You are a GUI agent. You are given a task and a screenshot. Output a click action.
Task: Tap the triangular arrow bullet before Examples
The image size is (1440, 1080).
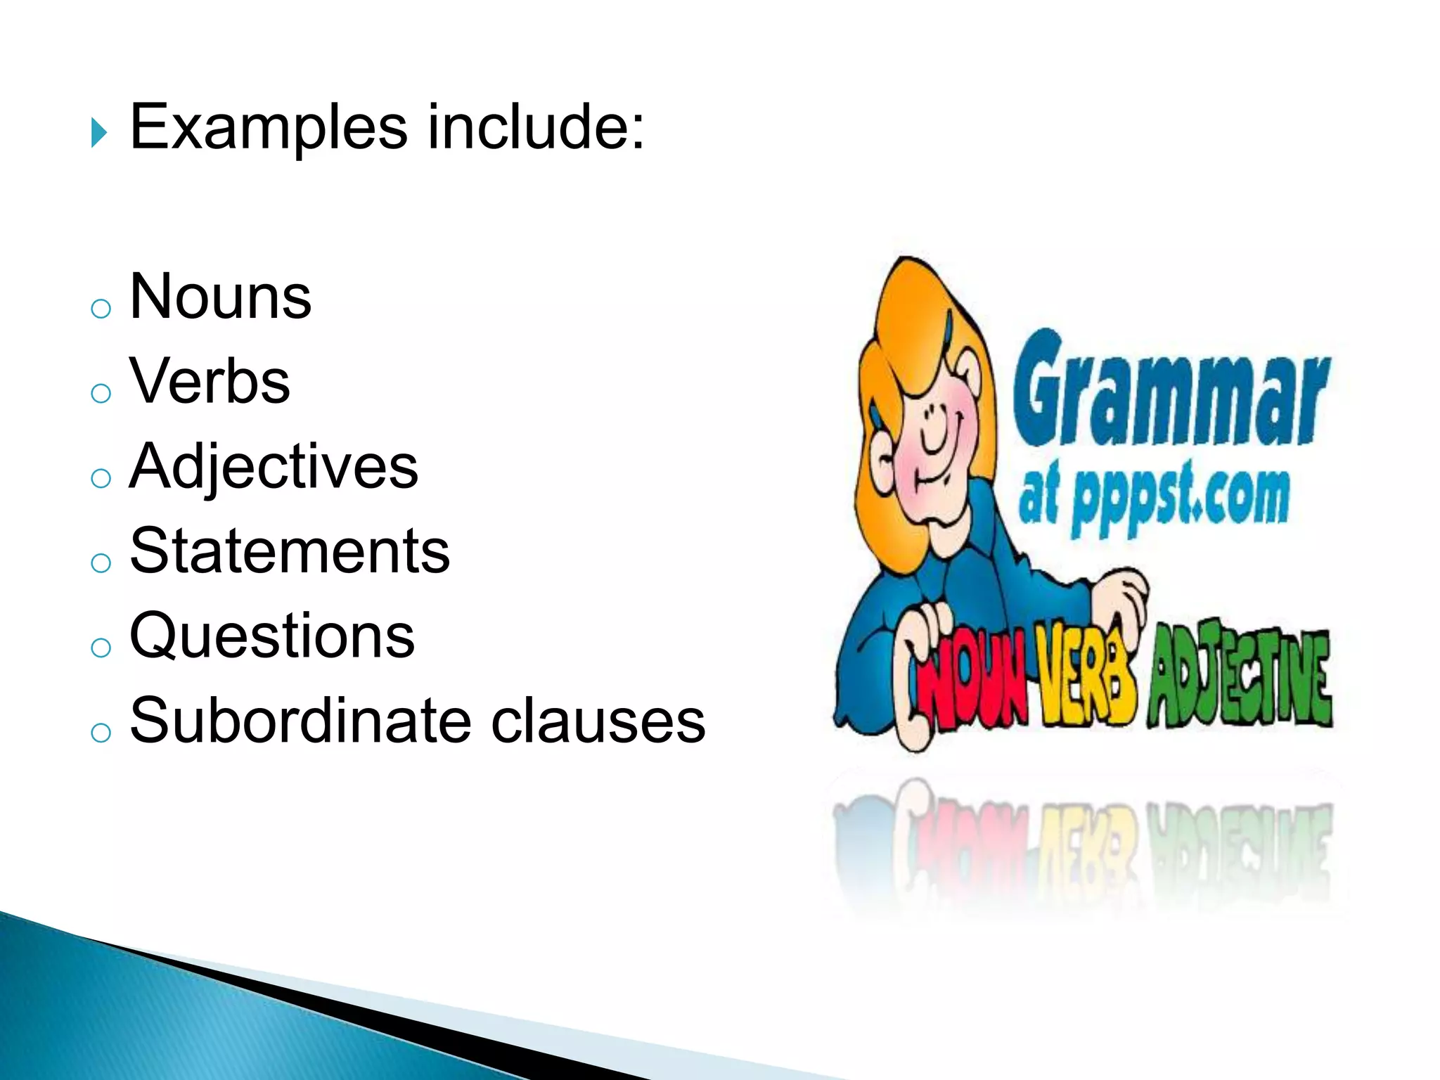pyautogui.click(x=98, y=133)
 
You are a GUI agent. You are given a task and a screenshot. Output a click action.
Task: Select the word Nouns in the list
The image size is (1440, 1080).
pyautogui.click(x=221, y=297)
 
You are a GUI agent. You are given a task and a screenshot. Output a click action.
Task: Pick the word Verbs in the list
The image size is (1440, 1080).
pyautogui.click(x=210, y=382)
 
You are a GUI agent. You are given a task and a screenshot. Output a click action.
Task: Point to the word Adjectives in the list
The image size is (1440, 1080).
pyautogui.click(x=274, y=468)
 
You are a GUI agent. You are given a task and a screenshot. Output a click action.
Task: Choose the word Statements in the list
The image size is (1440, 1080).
pyautogui.click(x=290, y=551)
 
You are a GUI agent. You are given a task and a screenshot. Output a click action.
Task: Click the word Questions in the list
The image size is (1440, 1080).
pyautogui.click(x=273, y=637)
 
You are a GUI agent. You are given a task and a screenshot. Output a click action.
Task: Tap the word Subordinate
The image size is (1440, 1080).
pyautogui.click(x=298, y=721)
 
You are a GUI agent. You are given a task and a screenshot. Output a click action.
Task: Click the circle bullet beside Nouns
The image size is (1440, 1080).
pyautogui.click(x=101, y=308)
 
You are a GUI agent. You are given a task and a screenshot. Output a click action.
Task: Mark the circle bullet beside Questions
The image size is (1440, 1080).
pyautogui.click(x=101, y=648)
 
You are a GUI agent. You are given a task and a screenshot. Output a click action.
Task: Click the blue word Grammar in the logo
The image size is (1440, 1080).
pyautogui.click(x=1170, y=391)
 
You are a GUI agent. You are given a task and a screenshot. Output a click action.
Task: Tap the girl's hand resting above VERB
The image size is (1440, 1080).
pyautogui.click(x=1121, y=598)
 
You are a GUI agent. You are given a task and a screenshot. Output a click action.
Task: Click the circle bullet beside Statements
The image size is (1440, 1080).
pyautogui.click(x=101, y=562)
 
